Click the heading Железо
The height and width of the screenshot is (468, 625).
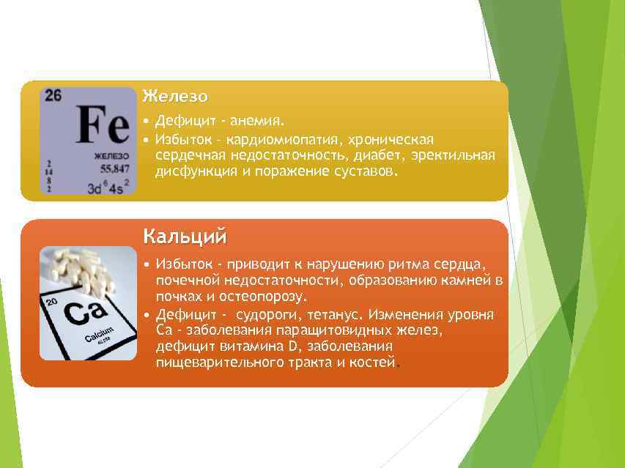(175, 96)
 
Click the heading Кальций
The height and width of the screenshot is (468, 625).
(185, 237)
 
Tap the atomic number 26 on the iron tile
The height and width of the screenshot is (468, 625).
(53, 95)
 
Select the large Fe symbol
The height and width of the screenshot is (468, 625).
(102, 125)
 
